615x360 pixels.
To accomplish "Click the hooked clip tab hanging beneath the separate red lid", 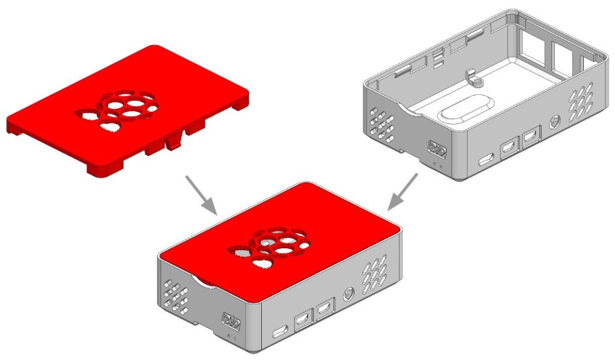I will (173, 142).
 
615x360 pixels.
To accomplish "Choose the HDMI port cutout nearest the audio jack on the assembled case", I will (326, 310).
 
